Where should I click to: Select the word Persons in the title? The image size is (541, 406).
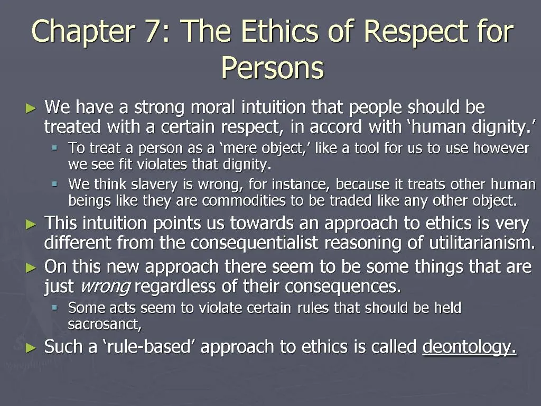coord(272,68)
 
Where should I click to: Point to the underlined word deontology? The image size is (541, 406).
coord(470,347)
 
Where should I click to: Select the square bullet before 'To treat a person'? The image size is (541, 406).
coord(54,149)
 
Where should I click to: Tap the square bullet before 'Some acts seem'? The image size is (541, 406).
coord(54,308)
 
